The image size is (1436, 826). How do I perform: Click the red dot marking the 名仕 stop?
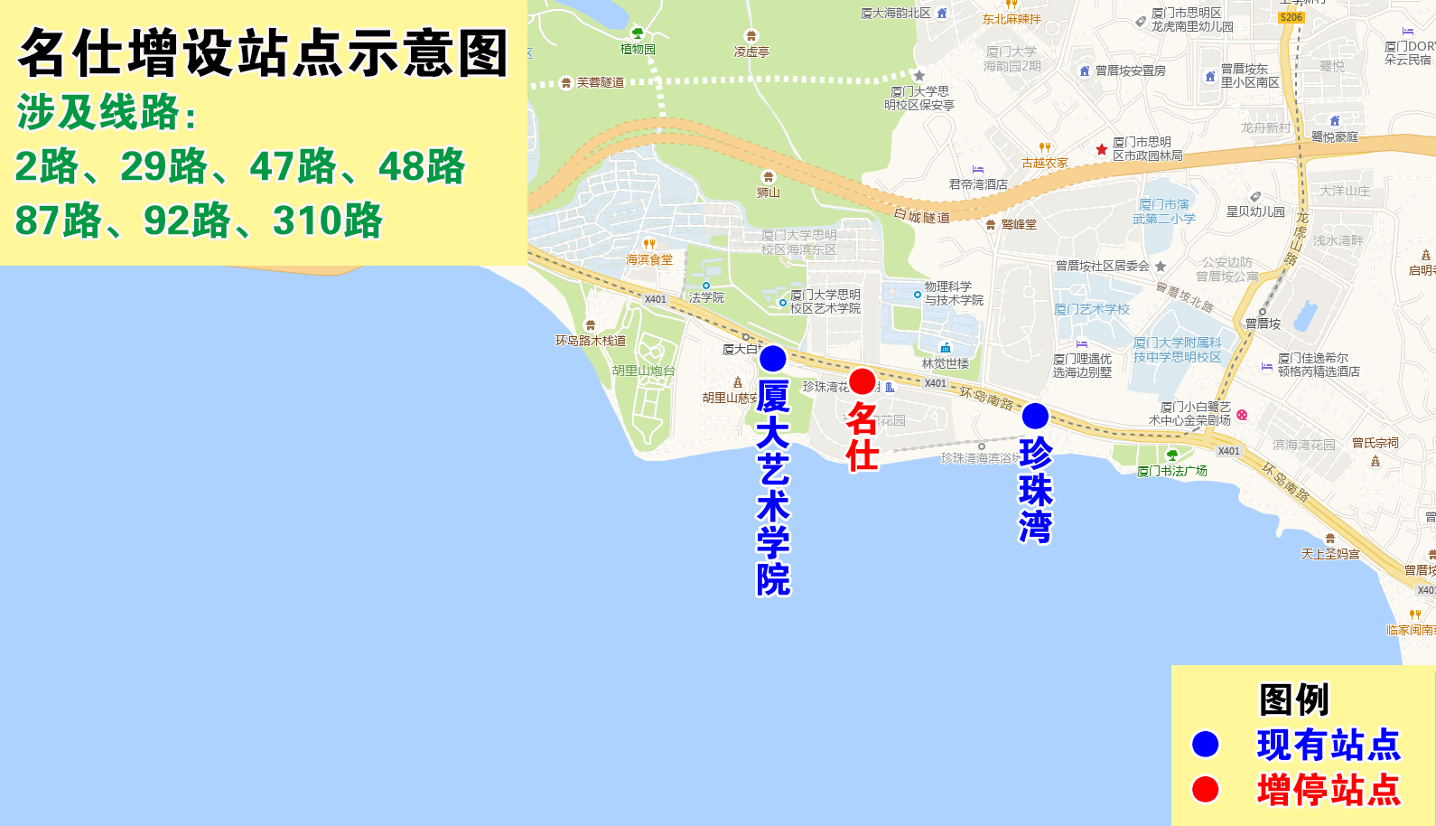[863, 381]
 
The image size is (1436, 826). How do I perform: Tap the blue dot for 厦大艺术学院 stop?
[773, 359]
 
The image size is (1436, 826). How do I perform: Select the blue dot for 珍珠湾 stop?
[1035, 416]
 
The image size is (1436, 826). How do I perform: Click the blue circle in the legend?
[1206, 744]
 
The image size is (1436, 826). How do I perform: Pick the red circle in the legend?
[1206, 789]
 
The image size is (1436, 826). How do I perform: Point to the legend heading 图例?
[1294, 699]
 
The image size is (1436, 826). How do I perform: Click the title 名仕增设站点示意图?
[263, 53]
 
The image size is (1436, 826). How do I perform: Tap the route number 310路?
[327, 221]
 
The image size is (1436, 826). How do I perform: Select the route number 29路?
[163, 166]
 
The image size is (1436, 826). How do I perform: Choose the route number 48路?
[421, 166]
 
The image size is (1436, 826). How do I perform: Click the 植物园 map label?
[638, 49]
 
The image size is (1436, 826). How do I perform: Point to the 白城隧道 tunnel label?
[922, 216]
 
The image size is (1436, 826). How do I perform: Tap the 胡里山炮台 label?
[643, 371]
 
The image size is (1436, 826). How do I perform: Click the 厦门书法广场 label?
[1172, 471]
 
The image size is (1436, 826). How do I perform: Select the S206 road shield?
[1291, 17]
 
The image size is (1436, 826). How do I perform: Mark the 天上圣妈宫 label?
[1330, 554]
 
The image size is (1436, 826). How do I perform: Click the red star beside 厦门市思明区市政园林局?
[1102, 149]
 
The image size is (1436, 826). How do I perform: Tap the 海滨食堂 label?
[649, 259]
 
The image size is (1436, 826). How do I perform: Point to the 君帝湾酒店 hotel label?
[978, 184]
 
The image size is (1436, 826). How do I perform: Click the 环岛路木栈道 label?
[591, 341]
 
